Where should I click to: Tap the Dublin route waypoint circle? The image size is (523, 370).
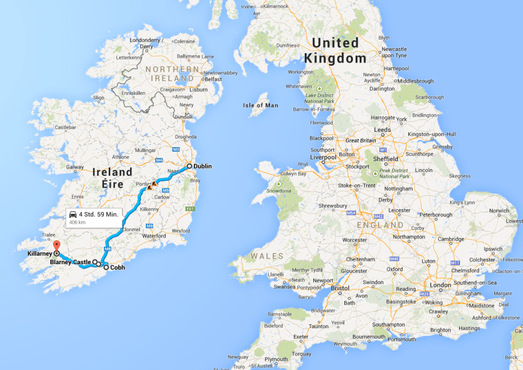[x=189, y=166]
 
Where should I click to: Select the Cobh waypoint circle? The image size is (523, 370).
[x=106, y=267]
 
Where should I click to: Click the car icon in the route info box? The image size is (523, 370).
[x=73, y=215]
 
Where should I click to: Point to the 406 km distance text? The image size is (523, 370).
[x=77, y=222]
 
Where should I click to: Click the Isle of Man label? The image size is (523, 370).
[x=261, y=105]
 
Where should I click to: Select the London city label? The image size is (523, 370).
[x=440, y=285]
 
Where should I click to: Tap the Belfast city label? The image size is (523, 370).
[x=213, y=79]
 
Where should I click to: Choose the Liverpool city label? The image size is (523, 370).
[x=323, y=157]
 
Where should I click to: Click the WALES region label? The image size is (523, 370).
[x=267, y=256]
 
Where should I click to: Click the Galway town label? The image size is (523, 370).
[x=75, y=167]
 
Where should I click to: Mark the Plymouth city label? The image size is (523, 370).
[x=276, y=359]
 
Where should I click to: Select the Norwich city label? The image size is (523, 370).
[x=499, y=210]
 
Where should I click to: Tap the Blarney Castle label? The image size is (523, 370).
[x=70, y=262]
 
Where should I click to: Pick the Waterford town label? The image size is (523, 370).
[x=154, y=236]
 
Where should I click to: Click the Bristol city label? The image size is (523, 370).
[x=340, y=288]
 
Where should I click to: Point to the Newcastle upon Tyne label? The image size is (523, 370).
[x=394, y=52]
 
